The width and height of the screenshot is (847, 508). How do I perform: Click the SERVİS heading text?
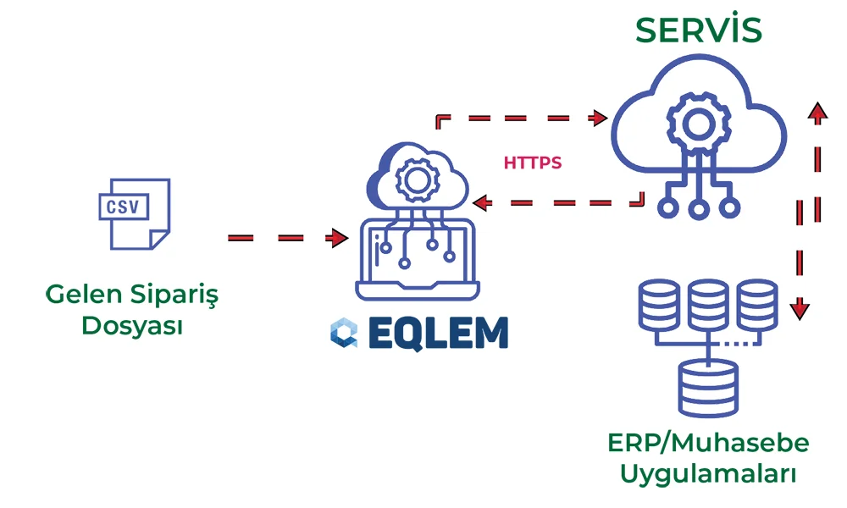[x=699, y=30]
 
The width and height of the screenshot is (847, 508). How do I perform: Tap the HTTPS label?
[x=532, y=163]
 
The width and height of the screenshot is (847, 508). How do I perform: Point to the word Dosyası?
[x=132, y=325]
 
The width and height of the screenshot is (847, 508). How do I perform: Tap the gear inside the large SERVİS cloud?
[x=698, y=124]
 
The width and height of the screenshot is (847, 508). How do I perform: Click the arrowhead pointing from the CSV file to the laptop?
[x=340, y=239]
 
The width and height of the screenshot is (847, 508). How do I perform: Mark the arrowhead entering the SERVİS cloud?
[x=601, y=117]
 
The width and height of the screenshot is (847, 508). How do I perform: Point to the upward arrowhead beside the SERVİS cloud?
[x=817, y=112]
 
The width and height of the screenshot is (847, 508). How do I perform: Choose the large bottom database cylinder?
[x=708, y=388]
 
